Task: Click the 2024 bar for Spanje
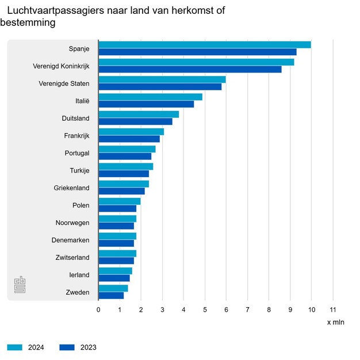click(204, 45)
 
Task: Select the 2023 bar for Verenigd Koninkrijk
click(190, 70)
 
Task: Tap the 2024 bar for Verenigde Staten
click(162, 79)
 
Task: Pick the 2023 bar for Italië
click(146, 104)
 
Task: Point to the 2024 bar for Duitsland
click(139, 114)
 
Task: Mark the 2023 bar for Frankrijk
click(129, 139)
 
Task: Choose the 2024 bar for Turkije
click(125, 166)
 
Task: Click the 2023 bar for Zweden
click(111, 296)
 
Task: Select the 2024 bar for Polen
click(119, 201)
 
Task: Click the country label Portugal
click(77, 153)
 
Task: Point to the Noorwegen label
click(72, 223)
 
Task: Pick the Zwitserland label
click(71, 257)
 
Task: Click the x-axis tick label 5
click(205, 309)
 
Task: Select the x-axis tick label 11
click(332, 309)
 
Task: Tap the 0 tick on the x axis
click(98, 309)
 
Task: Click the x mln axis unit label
click(335, 322)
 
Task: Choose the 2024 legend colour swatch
click(14, 347)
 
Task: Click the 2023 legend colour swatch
click(67, 347)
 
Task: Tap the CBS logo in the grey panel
click(20, 285)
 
